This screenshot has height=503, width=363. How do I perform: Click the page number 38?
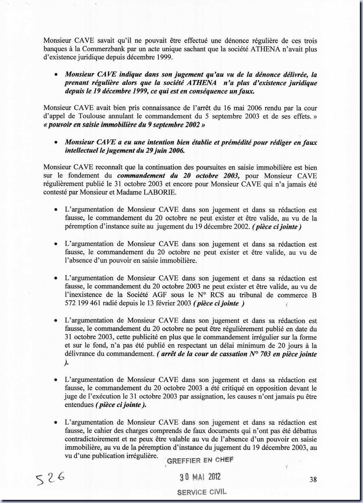313,479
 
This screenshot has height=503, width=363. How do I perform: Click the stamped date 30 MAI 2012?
200,477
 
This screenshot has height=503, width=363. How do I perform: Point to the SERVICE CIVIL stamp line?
201,492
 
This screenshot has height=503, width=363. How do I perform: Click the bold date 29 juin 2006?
168,150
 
